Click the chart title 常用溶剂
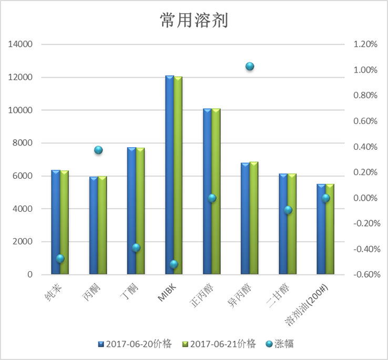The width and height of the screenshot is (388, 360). point(193,20)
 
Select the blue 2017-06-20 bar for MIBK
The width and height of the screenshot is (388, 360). point(169,173)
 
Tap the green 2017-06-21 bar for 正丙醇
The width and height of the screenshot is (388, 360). point(216,192)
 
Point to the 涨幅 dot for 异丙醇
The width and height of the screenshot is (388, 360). point(250,66)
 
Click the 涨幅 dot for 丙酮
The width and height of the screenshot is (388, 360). point(98,150)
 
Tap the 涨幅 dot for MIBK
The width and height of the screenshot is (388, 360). point(174,264)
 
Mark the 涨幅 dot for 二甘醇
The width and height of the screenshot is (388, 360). point(288,210)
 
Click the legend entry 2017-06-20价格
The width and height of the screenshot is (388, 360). point(138,344)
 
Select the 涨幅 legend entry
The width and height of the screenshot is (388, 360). point(281,344)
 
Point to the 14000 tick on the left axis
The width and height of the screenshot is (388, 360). point(22,45)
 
